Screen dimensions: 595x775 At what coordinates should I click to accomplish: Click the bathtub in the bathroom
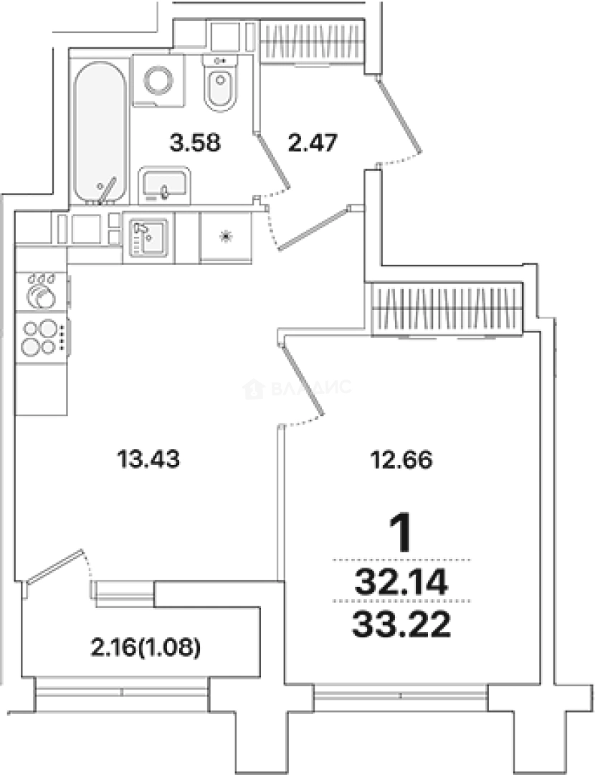click(x=100, y=132)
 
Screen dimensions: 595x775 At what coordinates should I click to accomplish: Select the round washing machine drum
click(x=158, y=80)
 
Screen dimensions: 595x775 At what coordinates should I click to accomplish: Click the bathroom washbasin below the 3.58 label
click(x=164, y=185)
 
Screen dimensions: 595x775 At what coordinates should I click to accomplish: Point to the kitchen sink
click(x=148, y=238)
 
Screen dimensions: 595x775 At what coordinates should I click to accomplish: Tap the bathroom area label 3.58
click(x=195, y=144)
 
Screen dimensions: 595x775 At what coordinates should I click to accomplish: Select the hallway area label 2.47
click(x=313, y=143)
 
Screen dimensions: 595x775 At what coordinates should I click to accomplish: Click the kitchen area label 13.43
click(x=148, y=459)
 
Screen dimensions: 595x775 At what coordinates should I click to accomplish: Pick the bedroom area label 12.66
click(x=401, y=460)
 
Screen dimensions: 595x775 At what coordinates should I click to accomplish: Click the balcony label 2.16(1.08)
click(x=146, y=647)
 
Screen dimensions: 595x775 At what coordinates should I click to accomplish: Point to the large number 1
click(x=401, y=533)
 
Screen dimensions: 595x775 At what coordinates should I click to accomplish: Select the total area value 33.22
click(x=401, y=625)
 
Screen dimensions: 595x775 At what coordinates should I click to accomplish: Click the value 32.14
click(x=401, y=582)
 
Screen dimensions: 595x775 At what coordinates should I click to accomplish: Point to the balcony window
click(x=121, y=692)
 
